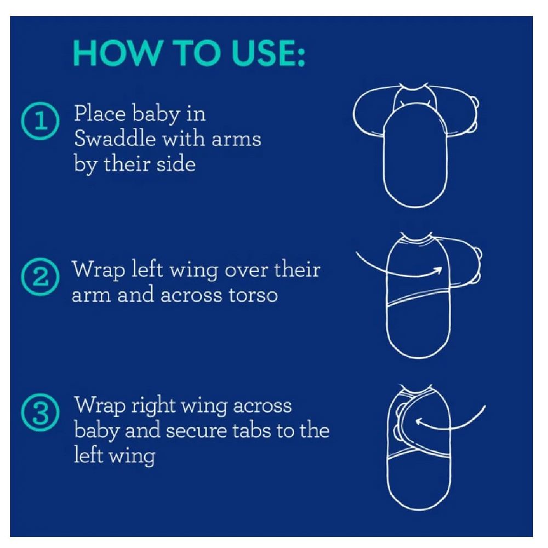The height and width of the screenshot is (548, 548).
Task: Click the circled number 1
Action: [40, 121]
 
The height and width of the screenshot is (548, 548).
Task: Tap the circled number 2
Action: [40, 277]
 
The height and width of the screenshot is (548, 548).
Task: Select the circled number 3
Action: [40, 413]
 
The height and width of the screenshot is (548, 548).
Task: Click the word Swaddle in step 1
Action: [115, 139]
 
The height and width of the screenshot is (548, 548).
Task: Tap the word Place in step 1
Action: [100, 113]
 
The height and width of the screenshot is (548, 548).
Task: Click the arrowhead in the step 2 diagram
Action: [437, 270]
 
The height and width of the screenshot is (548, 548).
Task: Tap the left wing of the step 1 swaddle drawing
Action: [369, 111]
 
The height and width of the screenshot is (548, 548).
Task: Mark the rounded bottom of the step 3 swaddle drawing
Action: [418, 507]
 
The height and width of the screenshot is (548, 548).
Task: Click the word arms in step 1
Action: [236, 139]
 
